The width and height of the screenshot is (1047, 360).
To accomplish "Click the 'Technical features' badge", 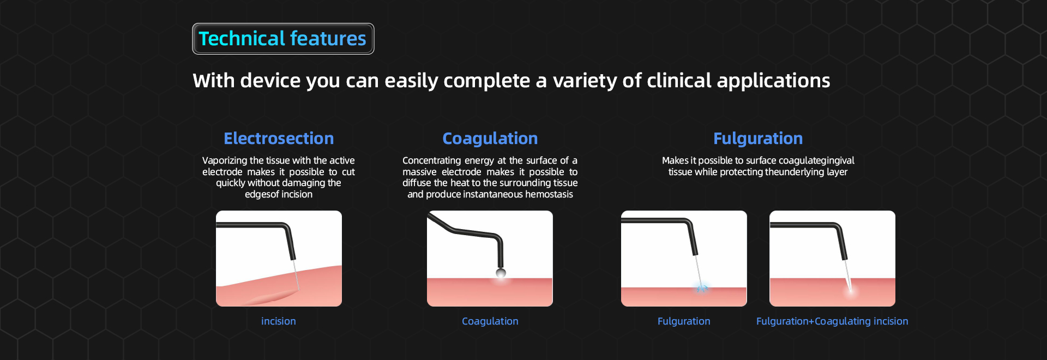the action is click(x=283, y=39).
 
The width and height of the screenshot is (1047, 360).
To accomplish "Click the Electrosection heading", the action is click(x=279, y=139).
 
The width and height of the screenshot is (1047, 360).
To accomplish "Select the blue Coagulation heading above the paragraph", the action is click(x=490, y=139).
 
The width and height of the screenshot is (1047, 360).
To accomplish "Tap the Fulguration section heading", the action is click(x=758, y=139).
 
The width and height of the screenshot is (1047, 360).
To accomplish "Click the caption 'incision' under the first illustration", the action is click(x=279, y=321).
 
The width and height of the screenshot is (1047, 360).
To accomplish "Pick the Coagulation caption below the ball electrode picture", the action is click(x=490, y=321).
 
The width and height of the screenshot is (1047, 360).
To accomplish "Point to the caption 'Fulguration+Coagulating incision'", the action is click(x=832, y=321).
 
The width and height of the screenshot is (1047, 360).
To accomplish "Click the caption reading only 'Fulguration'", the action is click(x=684, y=321).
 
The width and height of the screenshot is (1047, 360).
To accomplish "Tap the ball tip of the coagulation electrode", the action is click(x=501, y=273).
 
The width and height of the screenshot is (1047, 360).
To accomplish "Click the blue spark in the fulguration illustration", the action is click(x=702, y=287).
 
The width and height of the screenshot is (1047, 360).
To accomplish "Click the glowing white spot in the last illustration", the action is click(x=851, y=292).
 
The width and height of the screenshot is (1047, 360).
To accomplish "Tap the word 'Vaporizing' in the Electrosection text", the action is click(x=225, y=160).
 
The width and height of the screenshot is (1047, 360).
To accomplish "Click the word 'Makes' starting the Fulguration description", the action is click(x=675, y=160).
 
